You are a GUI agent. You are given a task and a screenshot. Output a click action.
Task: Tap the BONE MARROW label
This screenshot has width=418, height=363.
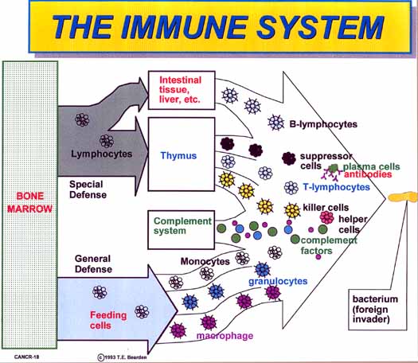(x=29, y=202)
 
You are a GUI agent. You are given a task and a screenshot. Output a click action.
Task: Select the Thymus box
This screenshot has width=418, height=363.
(x=182, y=154)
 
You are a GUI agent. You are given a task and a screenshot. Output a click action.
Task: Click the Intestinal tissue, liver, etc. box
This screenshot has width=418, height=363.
(x=182, y=90)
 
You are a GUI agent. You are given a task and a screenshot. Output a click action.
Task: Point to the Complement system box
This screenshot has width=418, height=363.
(x=182, y=230)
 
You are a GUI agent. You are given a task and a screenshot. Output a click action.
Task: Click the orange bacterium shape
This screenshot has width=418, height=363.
(x=403, y=197)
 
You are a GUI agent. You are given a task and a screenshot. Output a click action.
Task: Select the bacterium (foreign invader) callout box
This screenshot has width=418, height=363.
(x=377, y=309)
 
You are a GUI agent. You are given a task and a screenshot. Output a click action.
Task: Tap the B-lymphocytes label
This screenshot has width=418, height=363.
(x=323, y=124)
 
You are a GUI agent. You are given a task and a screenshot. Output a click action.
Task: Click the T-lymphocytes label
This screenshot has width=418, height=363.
(x=337, y=187)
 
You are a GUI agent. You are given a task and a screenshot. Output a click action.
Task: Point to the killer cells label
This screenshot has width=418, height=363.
(x=326, y=208)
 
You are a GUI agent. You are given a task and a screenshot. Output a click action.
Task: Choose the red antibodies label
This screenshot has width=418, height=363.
(x=368, y=174)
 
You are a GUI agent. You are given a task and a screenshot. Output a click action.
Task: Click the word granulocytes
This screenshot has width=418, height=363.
(x=278, y=281)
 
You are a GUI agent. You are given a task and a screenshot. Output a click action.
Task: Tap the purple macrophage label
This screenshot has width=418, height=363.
(x=225, y=336)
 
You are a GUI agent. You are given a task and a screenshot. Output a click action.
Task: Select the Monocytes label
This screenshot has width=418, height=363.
(x=205, y=261)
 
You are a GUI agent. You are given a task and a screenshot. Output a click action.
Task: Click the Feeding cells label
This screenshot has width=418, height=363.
(x=108, y=320)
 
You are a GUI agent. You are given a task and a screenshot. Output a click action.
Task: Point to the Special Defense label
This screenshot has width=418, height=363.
(x=88, y=189)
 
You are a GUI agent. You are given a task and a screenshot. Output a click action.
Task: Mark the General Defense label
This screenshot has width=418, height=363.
(x=93, y=263)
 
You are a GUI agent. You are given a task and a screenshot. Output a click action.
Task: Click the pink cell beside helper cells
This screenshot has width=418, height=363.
(x=326, y=217)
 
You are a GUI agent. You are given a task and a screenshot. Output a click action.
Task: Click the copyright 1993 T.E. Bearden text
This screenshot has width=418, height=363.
(x=122, y=357)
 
